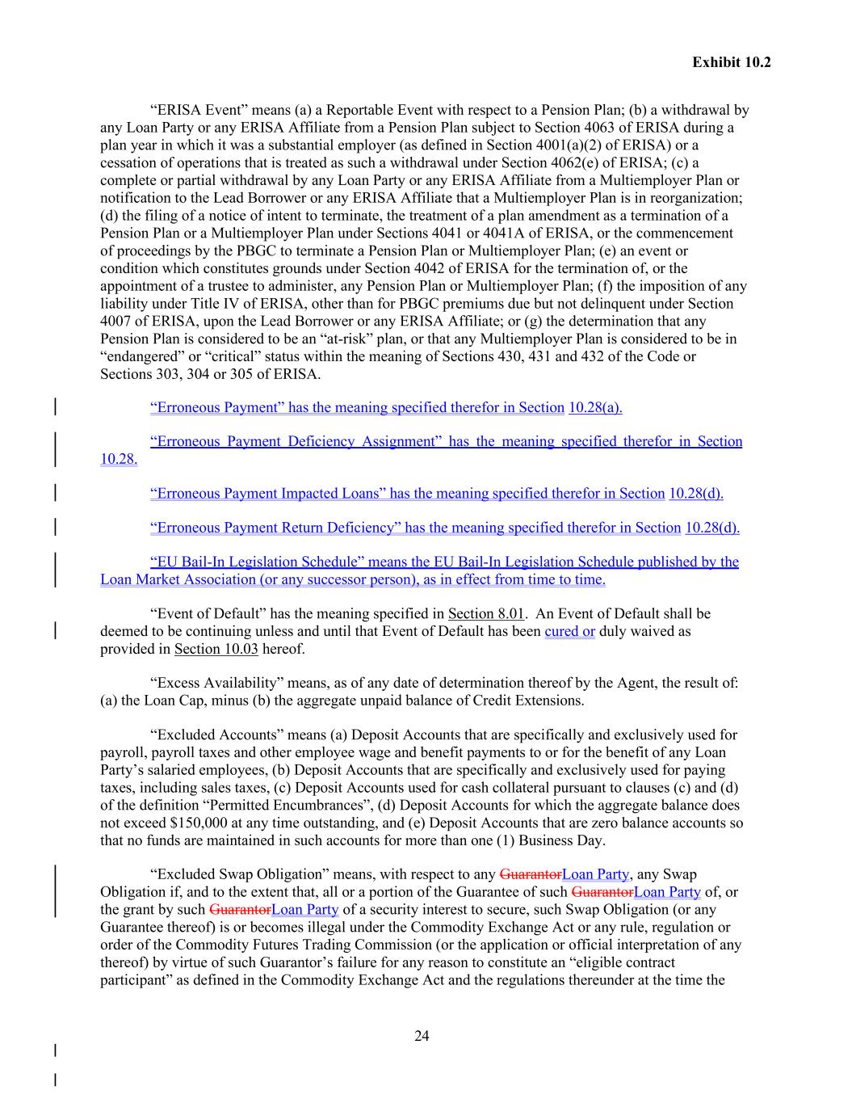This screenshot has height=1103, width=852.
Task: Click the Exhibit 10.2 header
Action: [x=731, y=62]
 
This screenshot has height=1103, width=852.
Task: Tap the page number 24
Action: [x=422, y=1036]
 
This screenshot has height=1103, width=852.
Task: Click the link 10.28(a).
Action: [x=595, y=407]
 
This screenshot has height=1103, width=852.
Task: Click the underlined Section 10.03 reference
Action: [x=216, y=649]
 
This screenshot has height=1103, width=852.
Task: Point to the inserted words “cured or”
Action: [x=569, y=631]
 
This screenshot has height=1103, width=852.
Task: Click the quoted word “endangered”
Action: [x=142, y=356]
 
